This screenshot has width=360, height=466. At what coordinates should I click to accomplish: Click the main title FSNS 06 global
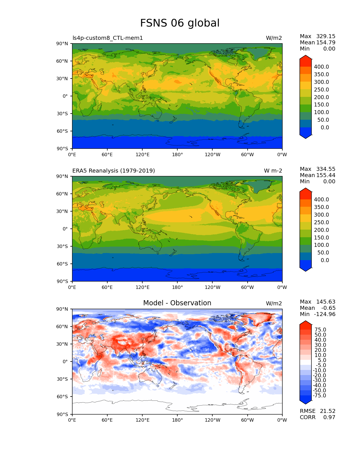[x=180, y=23]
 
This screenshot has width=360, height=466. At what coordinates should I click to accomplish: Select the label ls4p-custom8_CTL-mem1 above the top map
[x=108, y=38]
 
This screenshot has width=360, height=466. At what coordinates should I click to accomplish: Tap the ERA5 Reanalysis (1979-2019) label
[x=114, y=171]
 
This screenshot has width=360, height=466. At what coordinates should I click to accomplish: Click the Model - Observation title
[x=177, y=303]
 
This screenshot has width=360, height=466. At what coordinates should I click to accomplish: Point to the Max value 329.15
[x=326, y=36]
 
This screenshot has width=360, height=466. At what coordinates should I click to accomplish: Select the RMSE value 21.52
[x=328, y=411]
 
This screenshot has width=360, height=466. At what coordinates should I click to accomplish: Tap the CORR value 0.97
[x=329, y=417]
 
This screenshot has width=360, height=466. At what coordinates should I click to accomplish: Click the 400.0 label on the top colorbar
[x=321, y=67]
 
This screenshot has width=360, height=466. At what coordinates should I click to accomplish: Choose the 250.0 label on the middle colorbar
[x=321, y=223]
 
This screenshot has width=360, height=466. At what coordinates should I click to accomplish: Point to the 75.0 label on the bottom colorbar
[x=320, y=330]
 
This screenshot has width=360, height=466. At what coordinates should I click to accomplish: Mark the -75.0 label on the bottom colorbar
[x=320, y=396]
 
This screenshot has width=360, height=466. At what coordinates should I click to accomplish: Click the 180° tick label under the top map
[x=177, y=155]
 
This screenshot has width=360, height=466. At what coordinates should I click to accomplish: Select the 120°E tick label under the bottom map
[x=143, y=420]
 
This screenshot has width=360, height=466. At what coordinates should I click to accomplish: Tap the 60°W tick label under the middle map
[x=247, y=288]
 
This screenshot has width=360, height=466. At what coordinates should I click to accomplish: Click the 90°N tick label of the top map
[x=62, y=44]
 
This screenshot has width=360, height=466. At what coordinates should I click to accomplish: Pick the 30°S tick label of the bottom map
[x=62, y=379]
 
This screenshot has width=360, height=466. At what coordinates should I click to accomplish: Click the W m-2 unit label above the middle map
[x=273, y=171]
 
